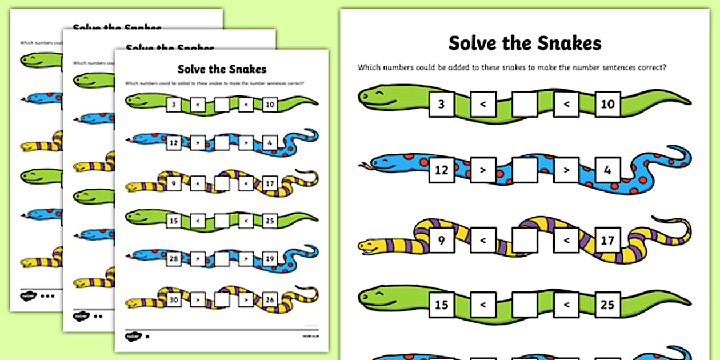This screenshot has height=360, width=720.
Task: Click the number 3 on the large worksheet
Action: pyautogui.click(x=441, y=104)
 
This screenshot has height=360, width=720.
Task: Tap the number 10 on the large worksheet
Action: pyautogui.click(x=607, y=104)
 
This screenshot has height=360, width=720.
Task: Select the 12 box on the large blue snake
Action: pyautogui.click(x=441, y=170)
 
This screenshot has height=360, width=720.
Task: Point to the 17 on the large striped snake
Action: pyautogui.click(x=607, y=240)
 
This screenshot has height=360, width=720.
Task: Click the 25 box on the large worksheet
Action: pyautogui.click(x=607, y=305)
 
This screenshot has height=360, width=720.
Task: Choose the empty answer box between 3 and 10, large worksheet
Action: pyautogui.click(x=525, y=104)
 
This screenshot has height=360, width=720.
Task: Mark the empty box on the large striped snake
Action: pyautogui.click(x=525, y=240)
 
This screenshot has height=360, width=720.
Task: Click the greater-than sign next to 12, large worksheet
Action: pyautogui.click(x=483, y=170)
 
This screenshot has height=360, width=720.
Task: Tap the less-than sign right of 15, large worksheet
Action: pyautogui.click(x=483, y=305)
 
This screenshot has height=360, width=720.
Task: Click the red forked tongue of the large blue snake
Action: pyautogui.click(x=363, y=167)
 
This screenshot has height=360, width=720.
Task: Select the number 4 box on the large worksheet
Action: pyautogui.click(x=607, y=170)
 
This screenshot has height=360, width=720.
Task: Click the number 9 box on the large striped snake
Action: pyautogui.click(x=441, y=240)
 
